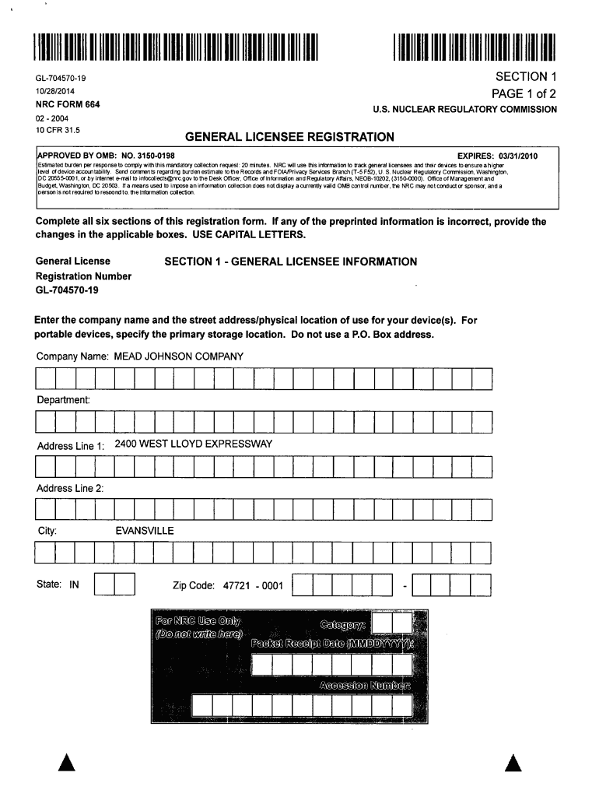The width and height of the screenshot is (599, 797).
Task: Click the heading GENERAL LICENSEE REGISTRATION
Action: click(289, 138)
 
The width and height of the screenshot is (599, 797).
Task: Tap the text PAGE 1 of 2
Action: click(524, 94)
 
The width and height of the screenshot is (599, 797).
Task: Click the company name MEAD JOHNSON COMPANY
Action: click(179, 356)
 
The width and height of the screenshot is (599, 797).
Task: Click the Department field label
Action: click(64, 399)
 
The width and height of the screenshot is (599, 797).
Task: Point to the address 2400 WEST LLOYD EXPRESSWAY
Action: click(193, 444)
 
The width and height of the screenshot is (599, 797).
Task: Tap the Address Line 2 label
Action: click(70, 488)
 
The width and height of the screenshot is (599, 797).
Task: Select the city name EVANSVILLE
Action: click(145, 531)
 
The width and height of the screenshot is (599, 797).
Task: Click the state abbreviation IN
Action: click(75, 584)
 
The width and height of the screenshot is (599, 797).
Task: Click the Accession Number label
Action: click(364, 686)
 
